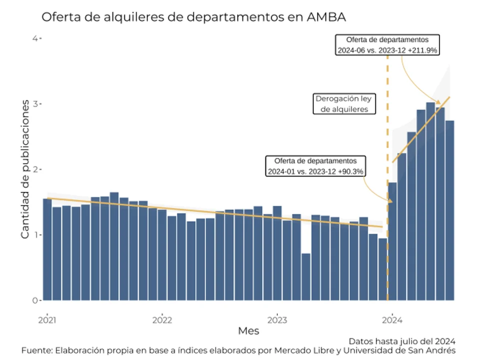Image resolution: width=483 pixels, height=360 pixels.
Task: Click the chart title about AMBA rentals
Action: point(194,17)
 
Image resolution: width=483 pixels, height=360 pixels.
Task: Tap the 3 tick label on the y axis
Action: point(35,104)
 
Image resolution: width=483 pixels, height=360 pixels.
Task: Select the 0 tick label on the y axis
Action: point(35,301)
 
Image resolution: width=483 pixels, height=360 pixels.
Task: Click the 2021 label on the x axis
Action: point(47,320)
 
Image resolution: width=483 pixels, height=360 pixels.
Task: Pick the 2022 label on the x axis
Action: point(162,320)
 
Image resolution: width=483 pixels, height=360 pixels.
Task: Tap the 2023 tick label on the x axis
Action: point(277,320)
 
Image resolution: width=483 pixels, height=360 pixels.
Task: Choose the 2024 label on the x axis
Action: point(392,320)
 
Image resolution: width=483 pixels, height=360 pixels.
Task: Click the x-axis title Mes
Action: point(249,331)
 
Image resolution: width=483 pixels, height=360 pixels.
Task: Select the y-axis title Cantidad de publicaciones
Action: point(25,169)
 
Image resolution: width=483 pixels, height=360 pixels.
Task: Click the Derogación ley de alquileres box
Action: point(344,104)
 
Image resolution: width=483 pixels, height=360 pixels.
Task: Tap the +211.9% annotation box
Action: point(387,45)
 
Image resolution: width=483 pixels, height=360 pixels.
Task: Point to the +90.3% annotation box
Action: point(315,166)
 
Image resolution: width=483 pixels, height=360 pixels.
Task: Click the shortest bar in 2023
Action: point(306,277)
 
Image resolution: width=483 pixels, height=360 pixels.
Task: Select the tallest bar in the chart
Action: point(430,202)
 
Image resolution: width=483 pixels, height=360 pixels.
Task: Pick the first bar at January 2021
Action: point(47,250)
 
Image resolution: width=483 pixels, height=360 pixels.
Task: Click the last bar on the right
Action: point(450,211)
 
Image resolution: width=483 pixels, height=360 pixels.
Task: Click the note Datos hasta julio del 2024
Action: point(402,342)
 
